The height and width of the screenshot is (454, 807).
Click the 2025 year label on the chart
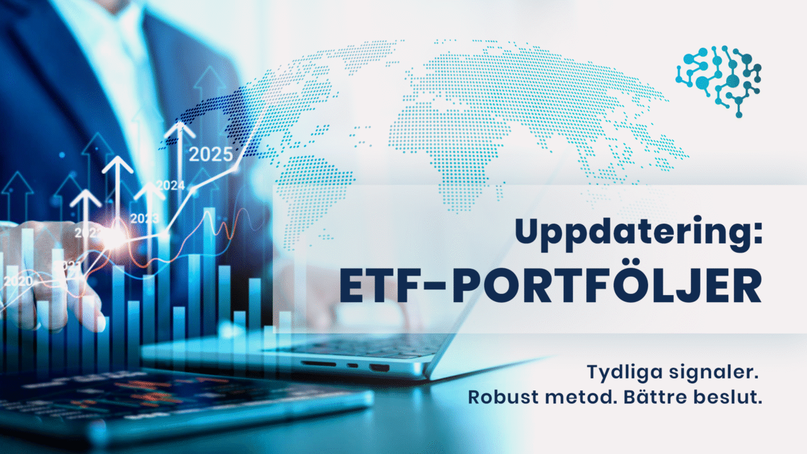click(x=211, y=154)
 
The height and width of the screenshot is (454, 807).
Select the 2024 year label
click(x=170, y=185)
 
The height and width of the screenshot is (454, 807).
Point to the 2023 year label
click(x=144, y=219)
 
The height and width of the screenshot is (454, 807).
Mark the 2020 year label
click(x=18, y=281)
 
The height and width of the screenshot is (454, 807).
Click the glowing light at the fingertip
click(x=115, y=238)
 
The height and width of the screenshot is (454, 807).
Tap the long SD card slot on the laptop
click(x=318, y=364)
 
